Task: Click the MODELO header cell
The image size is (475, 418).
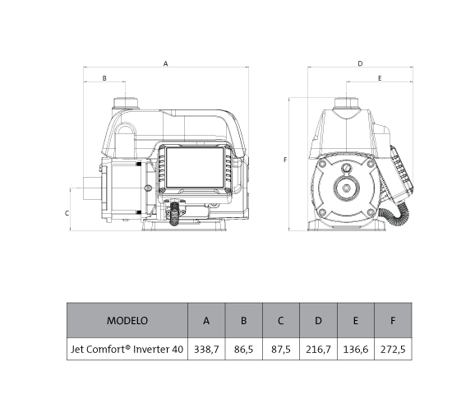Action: click(x=127, y=320)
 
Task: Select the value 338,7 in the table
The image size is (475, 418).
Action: click(x=206, y=349)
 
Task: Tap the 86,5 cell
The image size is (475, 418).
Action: click(x=243, y=349)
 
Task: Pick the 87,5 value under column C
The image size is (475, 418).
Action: click(x=281, y=349)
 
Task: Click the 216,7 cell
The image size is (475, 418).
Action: click(x=318, y=349)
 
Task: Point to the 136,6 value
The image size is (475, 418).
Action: click(x=356, y=349)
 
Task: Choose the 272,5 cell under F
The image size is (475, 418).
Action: click(x=393, y=349)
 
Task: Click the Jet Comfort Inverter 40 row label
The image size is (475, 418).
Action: click(x=127, y=349)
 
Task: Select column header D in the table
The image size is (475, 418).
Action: click(x=318, y=320)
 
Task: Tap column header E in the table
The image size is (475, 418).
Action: click(x=356, y=320)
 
